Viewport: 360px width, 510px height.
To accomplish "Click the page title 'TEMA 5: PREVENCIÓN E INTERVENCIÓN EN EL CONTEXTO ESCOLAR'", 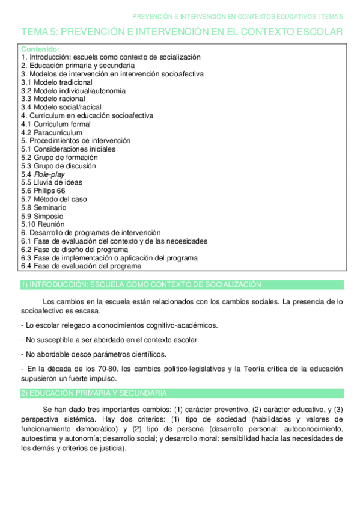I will tap(182, 32).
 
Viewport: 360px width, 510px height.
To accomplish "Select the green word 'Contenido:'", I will tap(40, 48).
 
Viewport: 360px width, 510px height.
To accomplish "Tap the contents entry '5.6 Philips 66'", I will tap(43, 191).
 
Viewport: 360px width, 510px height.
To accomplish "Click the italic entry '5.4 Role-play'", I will tap(43, 174).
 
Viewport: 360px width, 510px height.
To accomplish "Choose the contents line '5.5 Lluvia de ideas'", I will tap(52, 182).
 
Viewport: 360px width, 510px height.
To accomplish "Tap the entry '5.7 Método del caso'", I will tap(53, 199).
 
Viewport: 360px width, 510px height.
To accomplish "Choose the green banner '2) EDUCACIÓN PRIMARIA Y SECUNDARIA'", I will tap(94, 393).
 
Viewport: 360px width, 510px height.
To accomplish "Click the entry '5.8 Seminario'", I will tap(44, 207).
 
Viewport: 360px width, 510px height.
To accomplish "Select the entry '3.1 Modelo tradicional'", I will tap(56, 82).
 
